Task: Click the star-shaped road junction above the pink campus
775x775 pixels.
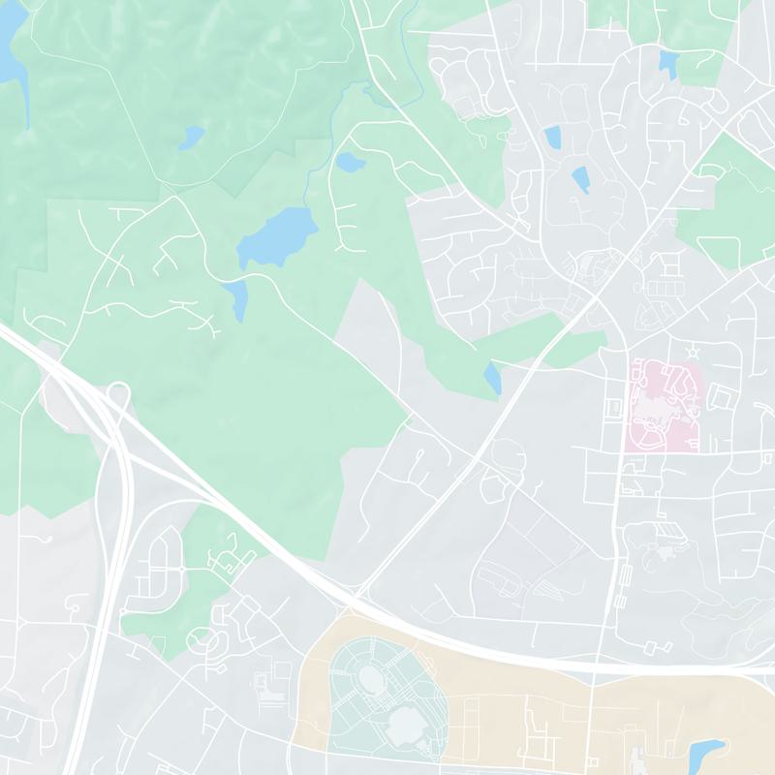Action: click(x=691, y=350)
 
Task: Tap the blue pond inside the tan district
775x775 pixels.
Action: click(x=706, y=753)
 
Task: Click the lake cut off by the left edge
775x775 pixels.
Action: click(x=10, y=48)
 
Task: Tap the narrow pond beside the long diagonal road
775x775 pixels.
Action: click(x=493, y=378)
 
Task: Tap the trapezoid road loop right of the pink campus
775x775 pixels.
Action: click(x=720, y=396)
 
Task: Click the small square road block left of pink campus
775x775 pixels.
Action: click(x=612, y=409)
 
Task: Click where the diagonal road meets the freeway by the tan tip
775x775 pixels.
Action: click(x=355, y=596)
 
